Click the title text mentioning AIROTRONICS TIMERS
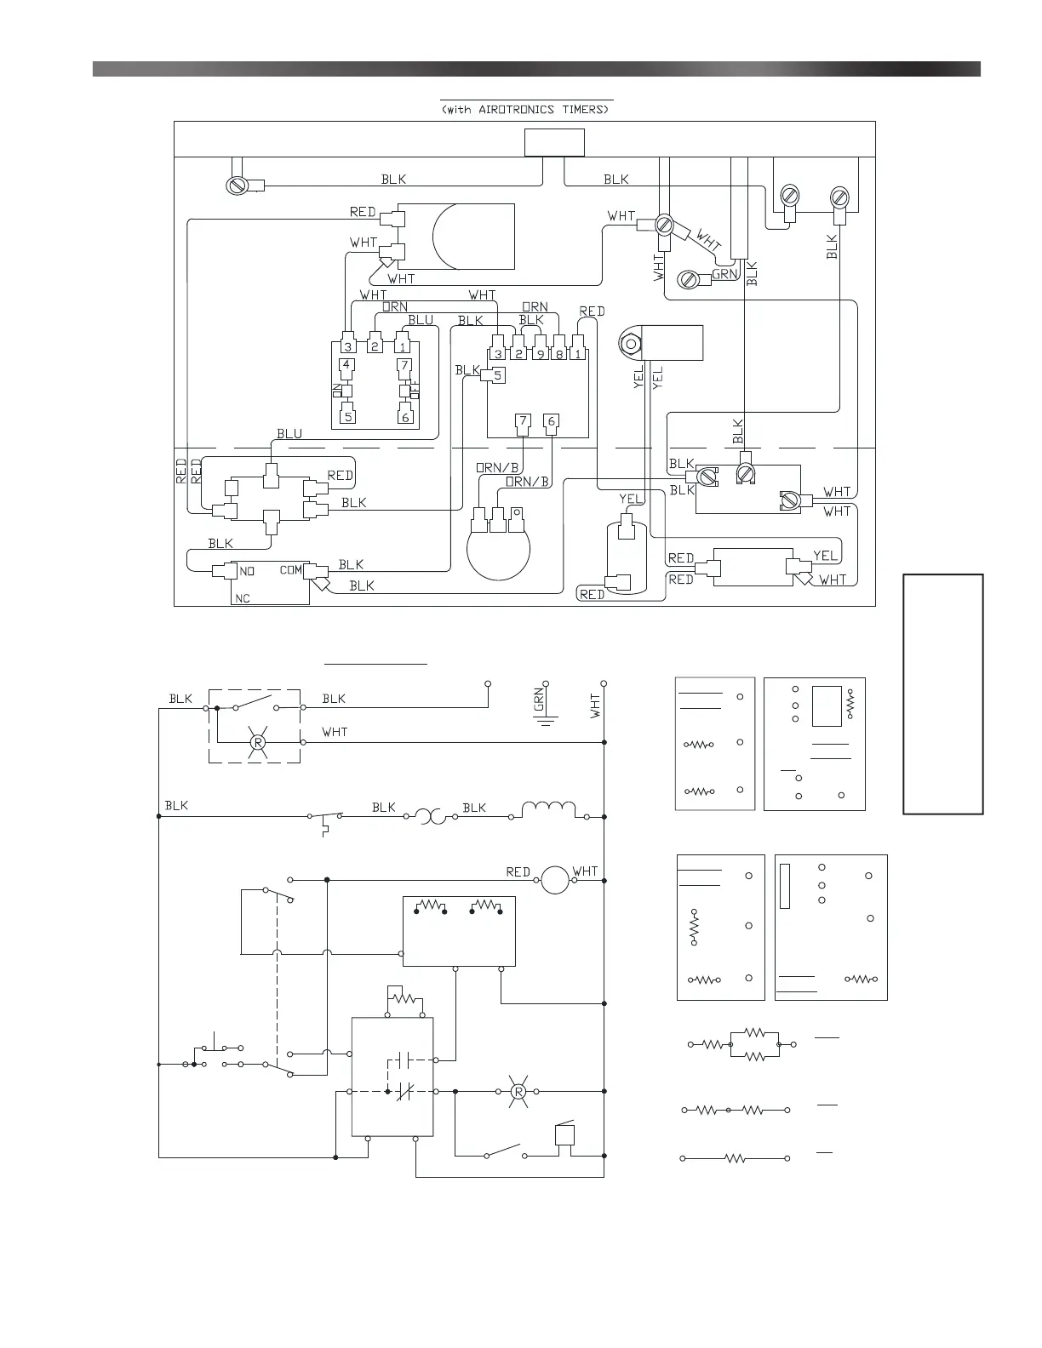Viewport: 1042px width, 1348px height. click(525, 110)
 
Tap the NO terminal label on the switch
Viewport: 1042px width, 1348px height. click(247, 571)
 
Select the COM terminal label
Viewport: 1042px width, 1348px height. click(291, 570)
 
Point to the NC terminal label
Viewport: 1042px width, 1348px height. click(243, 598)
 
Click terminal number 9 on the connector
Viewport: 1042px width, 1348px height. click(539, 353)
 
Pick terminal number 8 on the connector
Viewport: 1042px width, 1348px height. click(558, 353)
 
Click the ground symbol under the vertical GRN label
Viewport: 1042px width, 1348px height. click(546, 721)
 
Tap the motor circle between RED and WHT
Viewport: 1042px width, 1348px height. click(555, 880)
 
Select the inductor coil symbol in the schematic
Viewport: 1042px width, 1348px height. click(548, 808)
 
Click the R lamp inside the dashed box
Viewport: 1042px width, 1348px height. click(257, 743)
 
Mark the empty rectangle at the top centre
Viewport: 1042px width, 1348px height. click(554, 142)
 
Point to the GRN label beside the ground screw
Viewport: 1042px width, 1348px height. click(724, 274)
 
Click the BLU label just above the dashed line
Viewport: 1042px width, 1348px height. click(289, 434)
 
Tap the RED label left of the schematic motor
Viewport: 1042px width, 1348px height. click(518, 872)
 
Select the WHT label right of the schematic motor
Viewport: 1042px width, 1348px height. click(586, 871)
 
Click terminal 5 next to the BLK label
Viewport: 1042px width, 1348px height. click(498, 374)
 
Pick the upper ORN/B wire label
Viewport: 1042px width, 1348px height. click(497, 467)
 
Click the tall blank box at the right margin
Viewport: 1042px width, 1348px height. click(943, 694)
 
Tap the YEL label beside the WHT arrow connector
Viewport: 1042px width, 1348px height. click(825, 556)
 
